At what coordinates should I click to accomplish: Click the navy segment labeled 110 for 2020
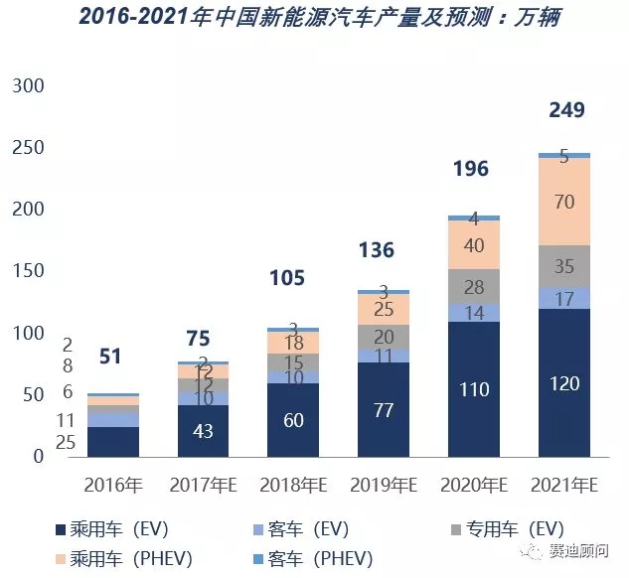click(473, 389)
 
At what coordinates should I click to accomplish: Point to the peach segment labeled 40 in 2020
click(473, 244)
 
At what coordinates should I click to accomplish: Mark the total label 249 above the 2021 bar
click(566, 110)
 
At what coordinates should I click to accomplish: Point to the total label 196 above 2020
click(471, 169)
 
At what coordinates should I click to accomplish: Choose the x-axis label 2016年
click(113, 486)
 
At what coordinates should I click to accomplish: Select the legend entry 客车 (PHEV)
click(327, 557)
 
